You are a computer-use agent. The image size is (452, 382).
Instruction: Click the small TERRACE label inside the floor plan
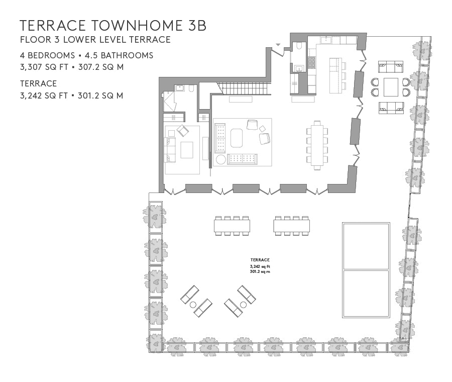click(260, 260)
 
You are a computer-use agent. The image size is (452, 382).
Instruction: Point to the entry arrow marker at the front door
click(278, 44)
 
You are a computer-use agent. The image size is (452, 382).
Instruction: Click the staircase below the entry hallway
click(244, 88)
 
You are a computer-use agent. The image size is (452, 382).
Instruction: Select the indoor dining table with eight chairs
click(317, 145)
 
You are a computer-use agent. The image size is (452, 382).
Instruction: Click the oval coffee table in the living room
click(237, 138)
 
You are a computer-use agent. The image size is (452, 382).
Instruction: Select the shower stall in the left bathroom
click(170, 102)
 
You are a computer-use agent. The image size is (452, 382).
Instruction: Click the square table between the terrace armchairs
click(391, 87)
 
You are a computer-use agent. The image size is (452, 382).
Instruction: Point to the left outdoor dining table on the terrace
click(232, 226)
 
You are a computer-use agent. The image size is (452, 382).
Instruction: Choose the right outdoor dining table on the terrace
click(292, 226)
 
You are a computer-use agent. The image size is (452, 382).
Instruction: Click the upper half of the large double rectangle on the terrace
click(366, 246)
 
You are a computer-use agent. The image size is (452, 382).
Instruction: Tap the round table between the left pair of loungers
click(193, 305)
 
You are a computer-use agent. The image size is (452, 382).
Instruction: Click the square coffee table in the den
click(187, 150)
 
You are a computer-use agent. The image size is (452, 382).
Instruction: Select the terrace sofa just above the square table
click(391, 67)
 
